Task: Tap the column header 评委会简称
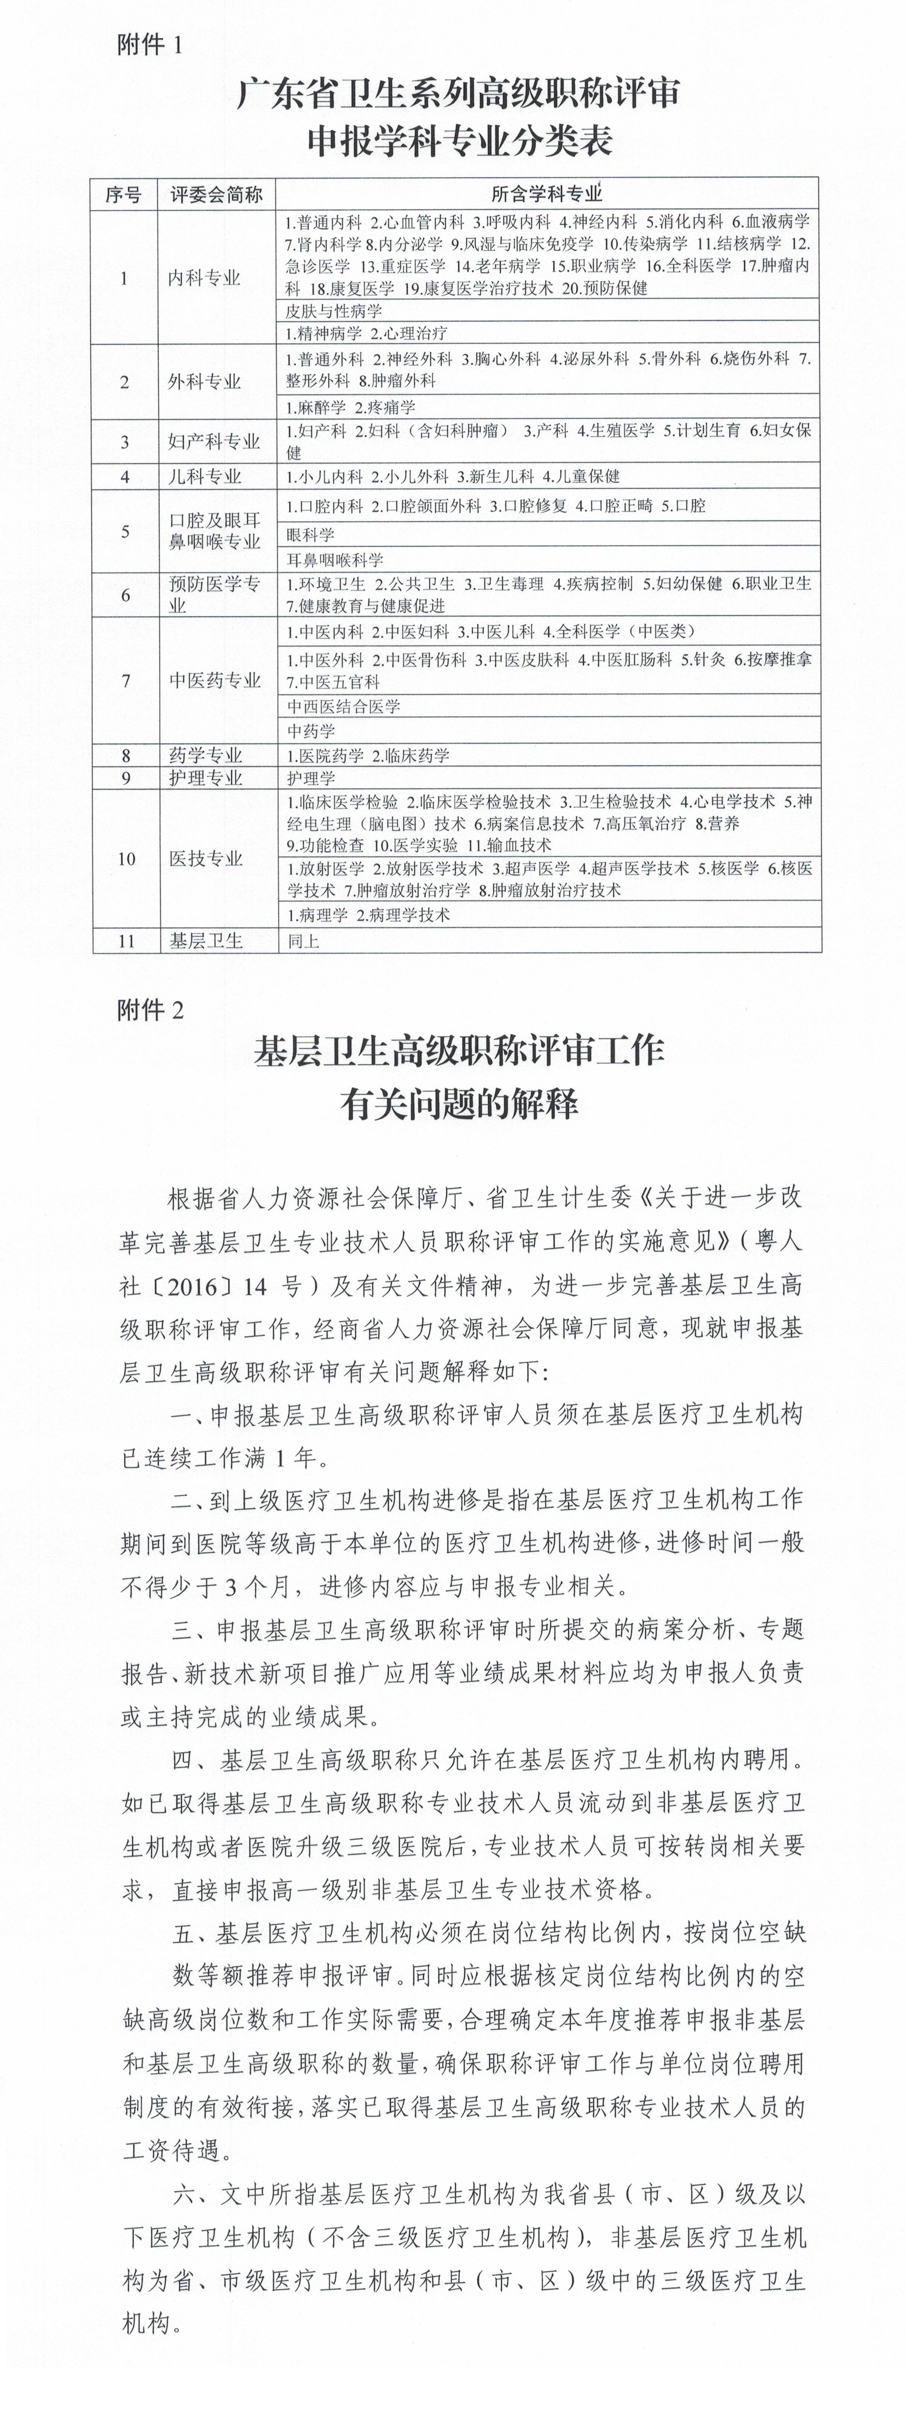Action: click(216, 195)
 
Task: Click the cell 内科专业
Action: click(204, 278)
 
